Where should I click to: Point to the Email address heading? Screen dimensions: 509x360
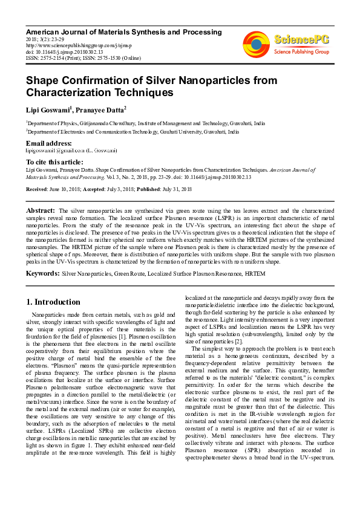click(x=49, y=143)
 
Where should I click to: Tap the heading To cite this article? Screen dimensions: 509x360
click(x=54, y=162)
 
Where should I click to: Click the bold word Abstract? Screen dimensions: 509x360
click(x=41, y=209)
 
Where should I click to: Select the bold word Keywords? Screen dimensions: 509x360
click(x=42, y=274)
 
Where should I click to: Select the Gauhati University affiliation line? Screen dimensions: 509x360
click(x=132, y=131)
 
